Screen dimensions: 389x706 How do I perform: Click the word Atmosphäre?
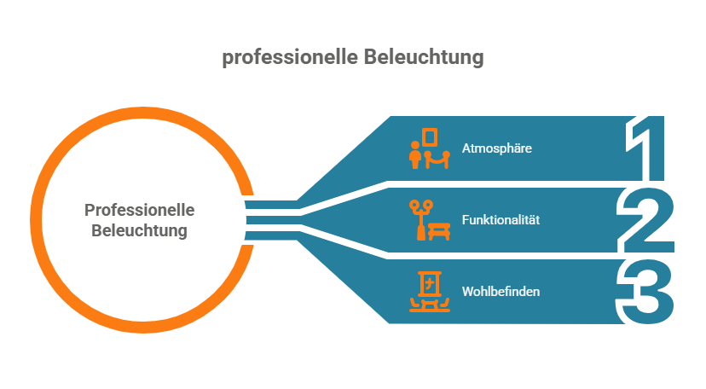coord(496,148)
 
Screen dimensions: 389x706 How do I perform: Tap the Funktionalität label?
coord(501,220)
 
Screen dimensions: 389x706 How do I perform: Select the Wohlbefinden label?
coord(501,292)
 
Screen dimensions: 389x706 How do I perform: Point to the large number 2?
coord(645,220)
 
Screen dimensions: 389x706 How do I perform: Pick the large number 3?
coord(645,292)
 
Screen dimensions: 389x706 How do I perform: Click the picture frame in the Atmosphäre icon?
coord(431,138)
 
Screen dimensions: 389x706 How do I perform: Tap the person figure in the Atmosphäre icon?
coord(416,156)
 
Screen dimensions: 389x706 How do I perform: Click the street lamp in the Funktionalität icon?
coord(419,218)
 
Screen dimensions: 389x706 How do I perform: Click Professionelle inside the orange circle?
coord(140,210)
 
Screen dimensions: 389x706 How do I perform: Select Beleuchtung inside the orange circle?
coord(140,230)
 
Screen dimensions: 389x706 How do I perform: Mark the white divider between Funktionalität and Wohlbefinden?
coord(512,256)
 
